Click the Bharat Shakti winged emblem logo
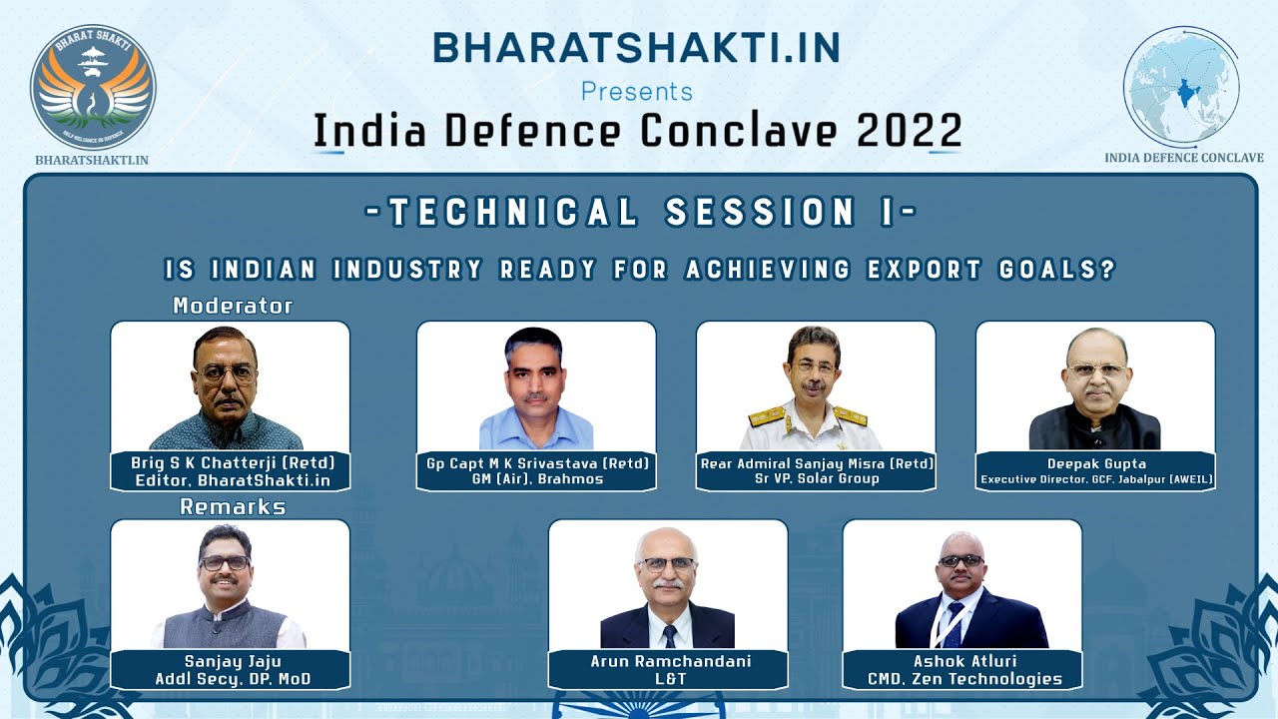point(93,87)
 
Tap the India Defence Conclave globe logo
point(1181,86)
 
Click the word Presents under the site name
point(637,92)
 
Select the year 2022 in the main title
point(909,131)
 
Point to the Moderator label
point(233,306)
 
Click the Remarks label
point(233,506)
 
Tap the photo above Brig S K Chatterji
point(230,386)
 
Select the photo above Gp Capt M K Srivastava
point(536,386)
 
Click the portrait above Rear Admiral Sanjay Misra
point(816,386)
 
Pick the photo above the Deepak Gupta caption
point(1095,386)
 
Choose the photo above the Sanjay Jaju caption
point(230,585)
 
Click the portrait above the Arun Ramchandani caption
point(668,585)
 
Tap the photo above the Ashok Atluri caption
point(962,585)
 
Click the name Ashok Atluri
point(964,661)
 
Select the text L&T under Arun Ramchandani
point(670,678)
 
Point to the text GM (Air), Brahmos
point(537,478)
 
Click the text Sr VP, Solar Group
point(817,478)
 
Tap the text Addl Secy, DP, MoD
point(233,679)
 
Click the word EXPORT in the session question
point(925,270)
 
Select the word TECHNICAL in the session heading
point(513,211)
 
